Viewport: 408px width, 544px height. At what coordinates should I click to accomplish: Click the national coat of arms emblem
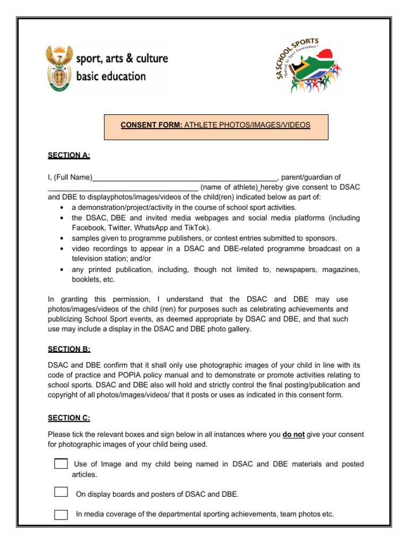(x=59, y=68)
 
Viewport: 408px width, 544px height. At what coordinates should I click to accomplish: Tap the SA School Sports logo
(x=308, y=66)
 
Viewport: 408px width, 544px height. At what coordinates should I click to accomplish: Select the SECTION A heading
(x=69, y=155)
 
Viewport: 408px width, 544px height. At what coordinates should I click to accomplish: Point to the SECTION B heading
(x=69, y=349)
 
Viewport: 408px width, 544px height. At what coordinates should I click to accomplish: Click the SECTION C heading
(x=69, y=418)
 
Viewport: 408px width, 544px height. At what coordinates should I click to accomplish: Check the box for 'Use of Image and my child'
(x=61, y=464)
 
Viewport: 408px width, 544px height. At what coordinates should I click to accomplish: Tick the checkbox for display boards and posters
(x=61, y=491)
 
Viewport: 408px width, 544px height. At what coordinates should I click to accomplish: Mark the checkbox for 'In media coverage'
(x=61, y=514)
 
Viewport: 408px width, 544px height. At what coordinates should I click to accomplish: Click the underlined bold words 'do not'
(x=293, y=434)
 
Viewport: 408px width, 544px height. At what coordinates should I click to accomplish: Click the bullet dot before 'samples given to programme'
(x=63, y=239)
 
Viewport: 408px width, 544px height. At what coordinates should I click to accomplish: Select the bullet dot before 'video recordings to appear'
(x=63, y=249)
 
